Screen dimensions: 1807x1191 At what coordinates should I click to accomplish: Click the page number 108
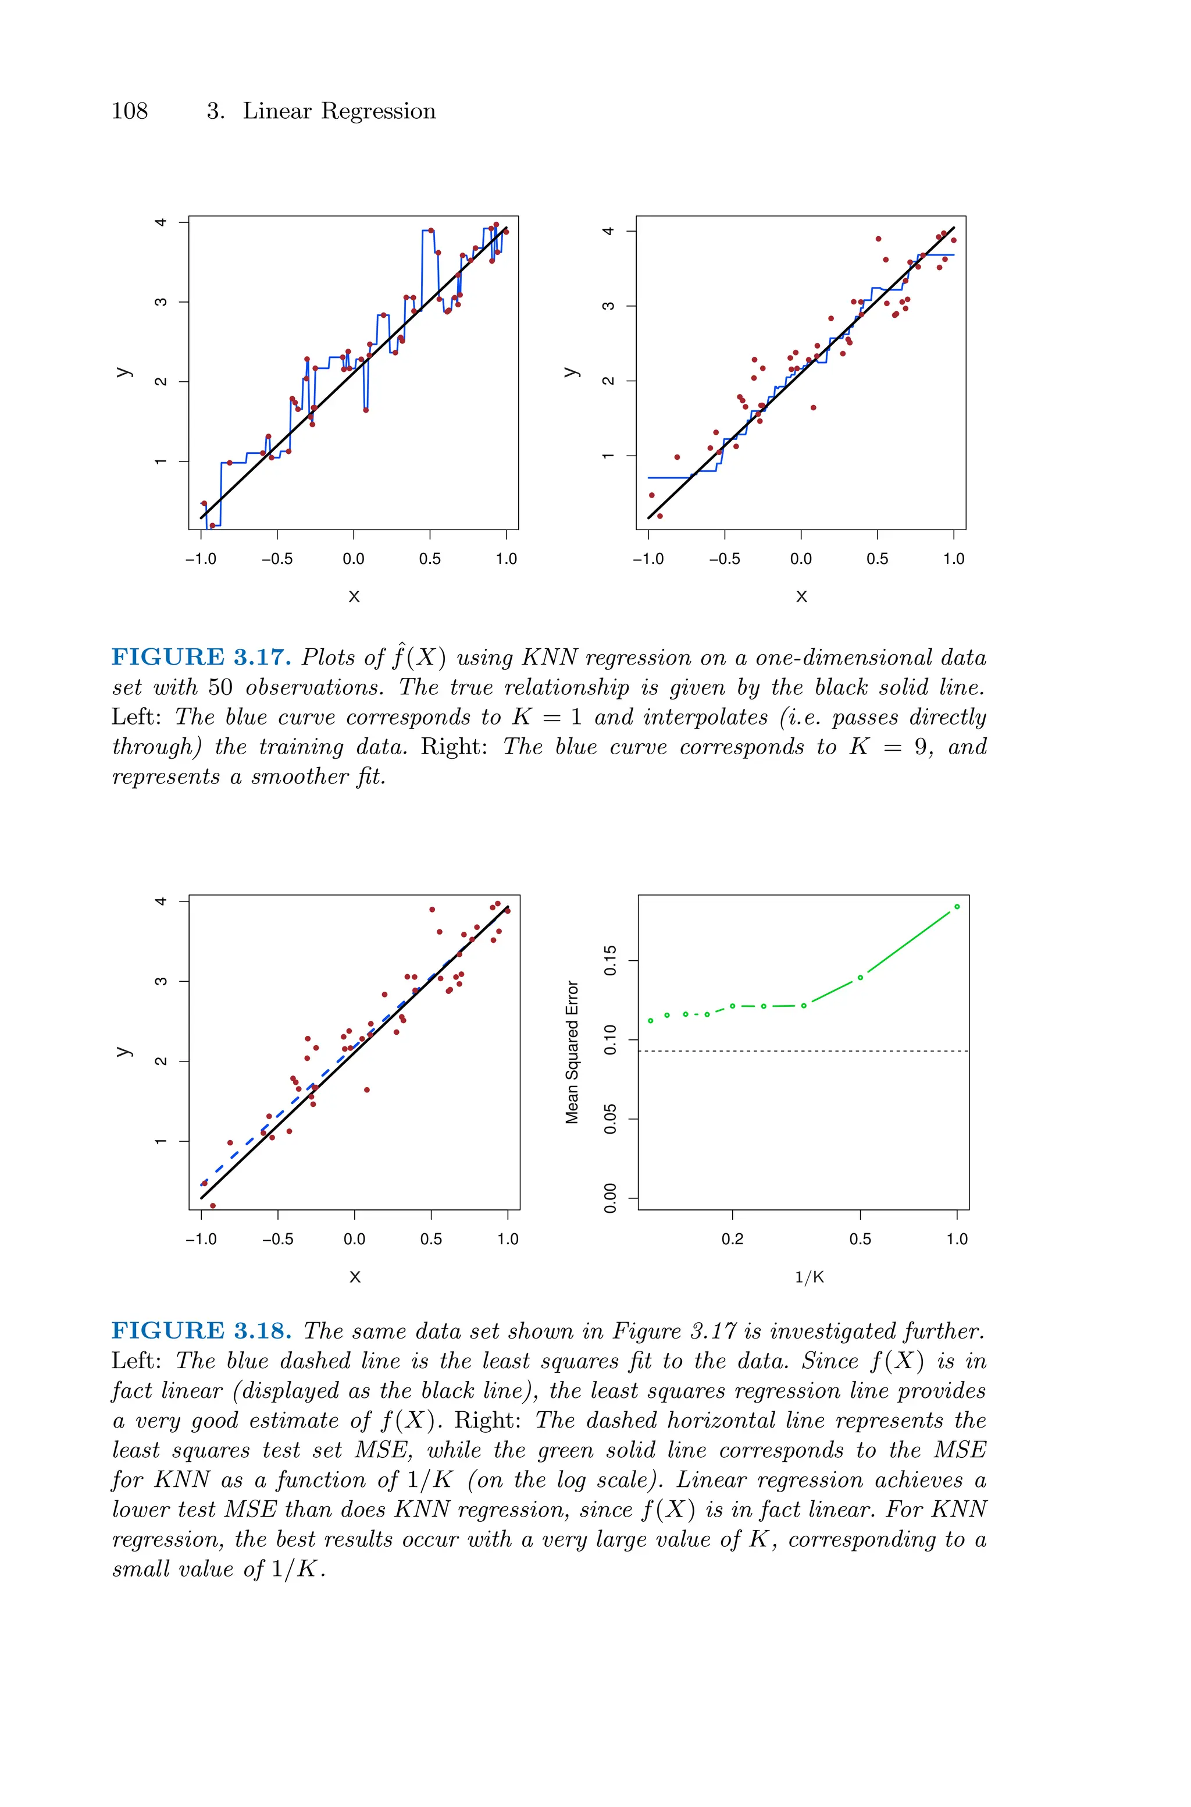point(129,111)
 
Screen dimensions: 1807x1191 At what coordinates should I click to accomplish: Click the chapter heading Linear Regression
point(339,111)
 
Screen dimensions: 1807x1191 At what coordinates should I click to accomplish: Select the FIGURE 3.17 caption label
point(201,657)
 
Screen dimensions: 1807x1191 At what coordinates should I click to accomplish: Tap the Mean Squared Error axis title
point(572,1052)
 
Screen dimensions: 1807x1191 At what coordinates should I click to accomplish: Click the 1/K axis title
point(809,1277)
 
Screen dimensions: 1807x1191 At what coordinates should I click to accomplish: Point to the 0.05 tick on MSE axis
point(610,1119)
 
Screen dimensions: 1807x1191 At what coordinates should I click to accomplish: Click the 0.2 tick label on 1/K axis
point(732,1240)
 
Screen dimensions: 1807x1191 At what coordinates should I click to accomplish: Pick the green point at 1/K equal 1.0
point(956,907)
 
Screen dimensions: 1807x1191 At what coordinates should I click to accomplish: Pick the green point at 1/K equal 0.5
point(860,978)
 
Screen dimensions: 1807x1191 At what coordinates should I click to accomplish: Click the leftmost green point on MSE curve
point(650,1021)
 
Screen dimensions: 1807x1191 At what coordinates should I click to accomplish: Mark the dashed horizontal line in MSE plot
point(803,1051)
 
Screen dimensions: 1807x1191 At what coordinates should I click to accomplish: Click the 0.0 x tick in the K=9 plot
point(801,559)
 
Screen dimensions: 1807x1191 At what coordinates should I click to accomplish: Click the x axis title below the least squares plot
point(354,1277)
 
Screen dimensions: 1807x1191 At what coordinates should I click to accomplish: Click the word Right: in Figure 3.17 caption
point(454,747)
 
